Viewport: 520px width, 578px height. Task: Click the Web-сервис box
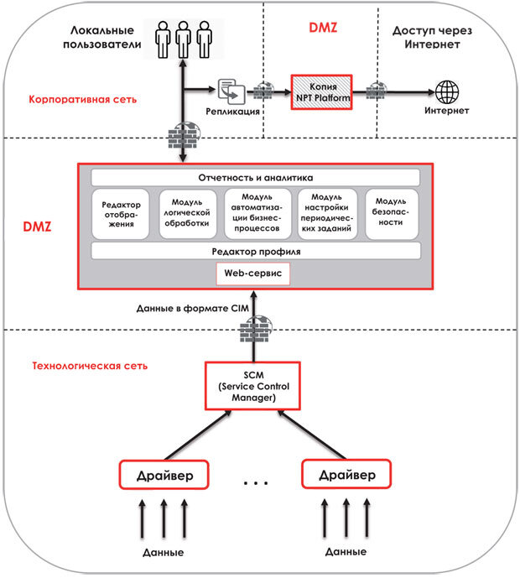click(x=252, y=274)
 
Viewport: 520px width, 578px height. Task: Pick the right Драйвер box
click(x=346, y=476)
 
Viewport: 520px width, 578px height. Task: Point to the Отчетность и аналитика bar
click(x=255, y=178)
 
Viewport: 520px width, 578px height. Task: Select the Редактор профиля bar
click(x=255, y=252)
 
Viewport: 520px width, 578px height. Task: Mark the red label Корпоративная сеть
click(x=83, y=99)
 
